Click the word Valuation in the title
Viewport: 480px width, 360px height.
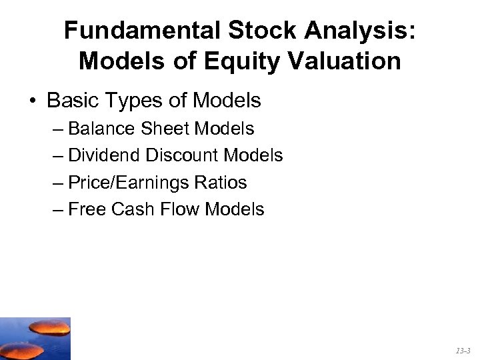347,61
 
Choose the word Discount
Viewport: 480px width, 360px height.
183,155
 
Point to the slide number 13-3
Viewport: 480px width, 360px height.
462,350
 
